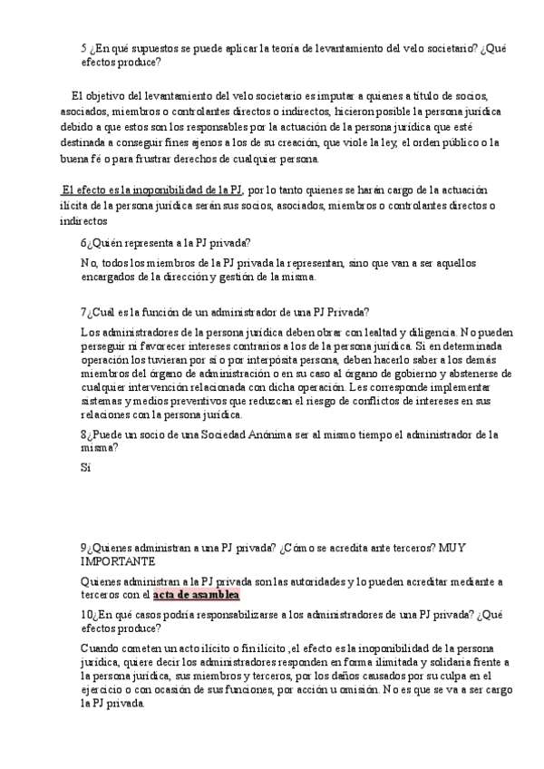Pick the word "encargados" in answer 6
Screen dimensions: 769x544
pyautogui.click(x=110, y=277)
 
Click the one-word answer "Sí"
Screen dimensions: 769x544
pyautogui.click(x=86, y=469)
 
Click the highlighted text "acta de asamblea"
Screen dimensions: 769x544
pyautogui.click(x=196, y=595)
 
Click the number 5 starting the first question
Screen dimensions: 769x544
pyautogui.click(x=83, y=48)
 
